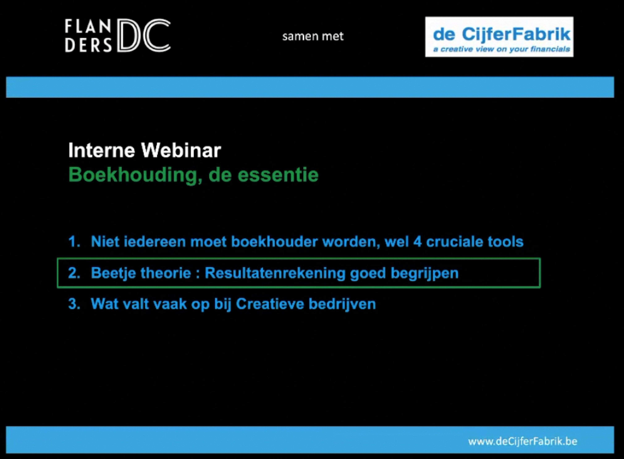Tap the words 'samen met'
pyautogui.click(x=313, y=36)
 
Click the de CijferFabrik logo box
pyautogui.click(x=499, y=37)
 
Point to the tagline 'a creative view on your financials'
pyautogui.click(x=501, y=49)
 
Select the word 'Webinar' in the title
pyautogui.click(x=181, y=150)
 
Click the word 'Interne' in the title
pyautogui.click(x=102, y=150)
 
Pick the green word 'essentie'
pyautogui.click(x=278, y=175)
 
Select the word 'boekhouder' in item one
pyautogui.click(x=274, y=241)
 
